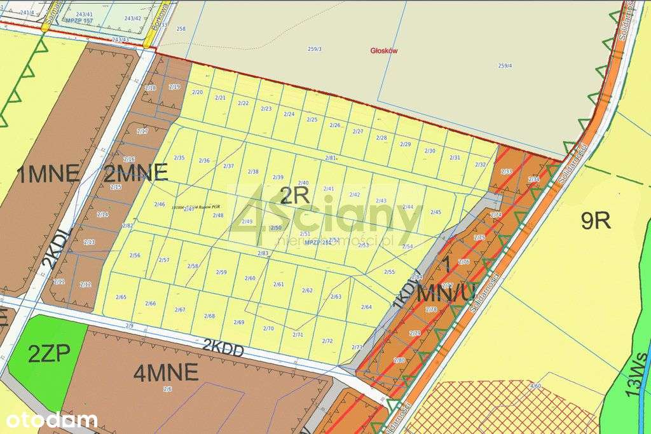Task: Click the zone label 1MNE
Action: [49, 173]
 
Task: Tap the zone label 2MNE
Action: [135, 172]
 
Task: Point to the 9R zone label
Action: [596, 220]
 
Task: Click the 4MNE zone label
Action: [166, 373]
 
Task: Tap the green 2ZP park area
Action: [48, 353]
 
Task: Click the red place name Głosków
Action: [384, 51]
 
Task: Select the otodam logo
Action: [52, 420]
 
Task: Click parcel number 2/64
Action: [366, 307]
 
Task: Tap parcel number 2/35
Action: [179, 158]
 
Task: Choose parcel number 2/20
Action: [198, 93]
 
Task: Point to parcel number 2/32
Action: [481, 165]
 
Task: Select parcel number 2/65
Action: [121, 297]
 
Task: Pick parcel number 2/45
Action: [435, 212]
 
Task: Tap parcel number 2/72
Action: [327, 341]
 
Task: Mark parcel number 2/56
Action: [135, 255]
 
